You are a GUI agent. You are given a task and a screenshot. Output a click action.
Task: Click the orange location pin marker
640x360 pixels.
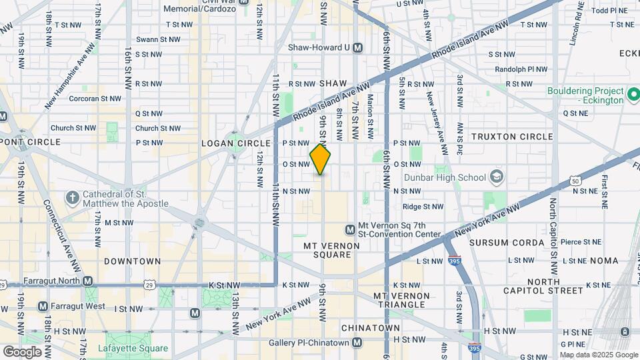click(x=321, y=159)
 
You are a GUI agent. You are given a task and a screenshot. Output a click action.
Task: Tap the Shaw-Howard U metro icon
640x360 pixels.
click(x=358, y=47)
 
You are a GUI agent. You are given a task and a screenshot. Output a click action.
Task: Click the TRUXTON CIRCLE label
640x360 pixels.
click(x=512, y=137)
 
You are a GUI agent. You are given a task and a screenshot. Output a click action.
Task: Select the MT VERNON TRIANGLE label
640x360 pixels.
click(x=399, y=299)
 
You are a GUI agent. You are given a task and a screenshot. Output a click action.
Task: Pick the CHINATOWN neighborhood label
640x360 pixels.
click(x=370, y=328)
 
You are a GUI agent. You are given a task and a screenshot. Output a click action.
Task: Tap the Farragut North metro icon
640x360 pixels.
click(x=88, y=281)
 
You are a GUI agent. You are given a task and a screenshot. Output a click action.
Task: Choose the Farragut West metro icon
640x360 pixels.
click(x=43, y=306)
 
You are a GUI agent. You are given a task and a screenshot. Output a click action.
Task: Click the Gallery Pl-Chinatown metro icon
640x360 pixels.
click(x=358, y=343)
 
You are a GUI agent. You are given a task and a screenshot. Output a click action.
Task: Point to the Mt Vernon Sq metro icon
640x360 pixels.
click(x=350, y=229)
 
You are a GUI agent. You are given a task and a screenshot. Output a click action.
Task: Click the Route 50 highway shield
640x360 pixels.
click(x=575, y=181)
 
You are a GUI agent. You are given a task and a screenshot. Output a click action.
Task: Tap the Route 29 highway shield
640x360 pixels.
click(x=149, y=285)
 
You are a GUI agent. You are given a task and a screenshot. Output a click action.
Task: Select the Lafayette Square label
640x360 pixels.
click(x=133, y=348)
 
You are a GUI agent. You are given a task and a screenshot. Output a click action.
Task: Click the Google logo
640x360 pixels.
click(x=22, y=351)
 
